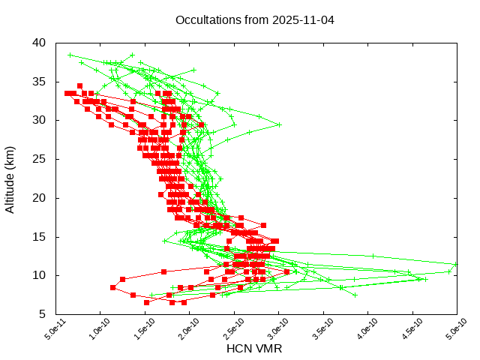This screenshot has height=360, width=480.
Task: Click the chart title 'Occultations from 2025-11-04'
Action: pos(255,19)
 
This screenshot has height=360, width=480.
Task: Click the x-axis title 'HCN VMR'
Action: pos(254,349)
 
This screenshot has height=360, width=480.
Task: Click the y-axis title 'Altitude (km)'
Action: pos(10,178)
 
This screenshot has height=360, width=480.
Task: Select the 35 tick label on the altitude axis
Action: pos(40,81)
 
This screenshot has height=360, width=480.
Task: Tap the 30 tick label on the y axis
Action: pos(40,120)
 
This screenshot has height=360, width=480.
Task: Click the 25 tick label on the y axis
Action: pos(40,159)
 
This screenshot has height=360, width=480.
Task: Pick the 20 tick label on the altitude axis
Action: pos(40,198)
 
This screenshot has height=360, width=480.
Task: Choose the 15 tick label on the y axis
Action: pos(40,237)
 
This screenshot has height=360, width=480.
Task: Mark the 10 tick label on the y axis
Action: pos(40,275)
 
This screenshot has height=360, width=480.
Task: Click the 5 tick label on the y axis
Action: pos(43,314)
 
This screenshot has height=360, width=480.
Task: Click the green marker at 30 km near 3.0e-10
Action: pos(279,124)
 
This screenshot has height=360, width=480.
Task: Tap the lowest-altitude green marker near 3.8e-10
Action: pos(355,295)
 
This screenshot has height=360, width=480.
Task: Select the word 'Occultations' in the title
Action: pos(205,19)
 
